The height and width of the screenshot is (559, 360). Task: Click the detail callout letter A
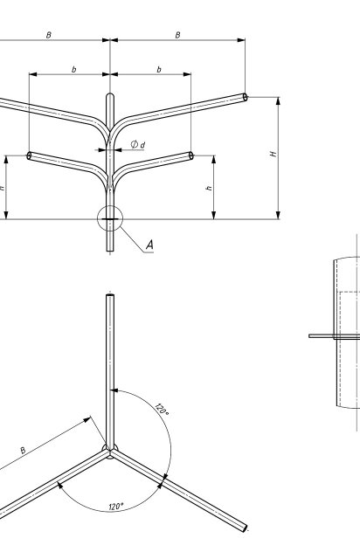(x=149, y=245)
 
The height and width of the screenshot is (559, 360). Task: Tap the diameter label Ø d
(x=138, y=144)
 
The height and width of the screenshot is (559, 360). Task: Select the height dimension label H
(x=273, y=154)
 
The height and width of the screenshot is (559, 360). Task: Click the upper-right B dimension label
(x=177, y=35)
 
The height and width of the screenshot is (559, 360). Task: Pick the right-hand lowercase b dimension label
(x=159, y=69)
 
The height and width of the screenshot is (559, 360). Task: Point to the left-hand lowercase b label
(x=74, y=69)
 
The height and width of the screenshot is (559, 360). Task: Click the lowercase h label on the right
(x=209, y=188)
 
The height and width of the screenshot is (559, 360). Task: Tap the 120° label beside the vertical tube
(x=162, y=410)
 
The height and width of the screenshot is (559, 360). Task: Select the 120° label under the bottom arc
(x=116, y=507)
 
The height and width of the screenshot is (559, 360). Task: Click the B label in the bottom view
(x=23, y=451)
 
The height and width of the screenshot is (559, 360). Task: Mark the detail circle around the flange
(x=110, y=206)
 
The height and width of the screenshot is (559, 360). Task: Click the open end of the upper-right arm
(x=246, y=97)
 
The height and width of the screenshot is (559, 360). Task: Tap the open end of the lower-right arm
(x=190, y=155)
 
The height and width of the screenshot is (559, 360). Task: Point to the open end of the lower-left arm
(x=29, y=155)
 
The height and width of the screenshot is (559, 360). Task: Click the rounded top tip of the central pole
(x=110, y=94)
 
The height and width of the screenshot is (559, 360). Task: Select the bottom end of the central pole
(x=110, y=251)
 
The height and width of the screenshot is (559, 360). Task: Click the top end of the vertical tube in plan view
(x=110, y=295)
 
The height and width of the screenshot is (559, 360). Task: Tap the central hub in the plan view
(x=110, y=451)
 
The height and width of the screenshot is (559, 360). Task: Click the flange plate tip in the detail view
(x=310, y=335)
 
